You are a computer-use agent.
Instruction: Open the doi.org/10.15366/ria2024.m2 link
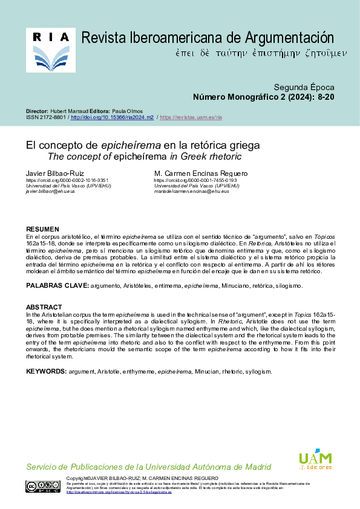click(112, 117)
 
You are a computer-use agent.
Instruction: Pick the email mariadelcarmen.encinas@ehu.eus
click(191, 191)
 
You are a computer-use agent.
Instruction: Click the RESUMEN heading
click(42, 229)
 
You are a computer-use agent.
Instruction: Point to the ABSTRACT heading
click(44, 307)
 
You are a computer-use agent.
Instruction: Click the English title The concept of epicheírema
click(144, 157)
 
